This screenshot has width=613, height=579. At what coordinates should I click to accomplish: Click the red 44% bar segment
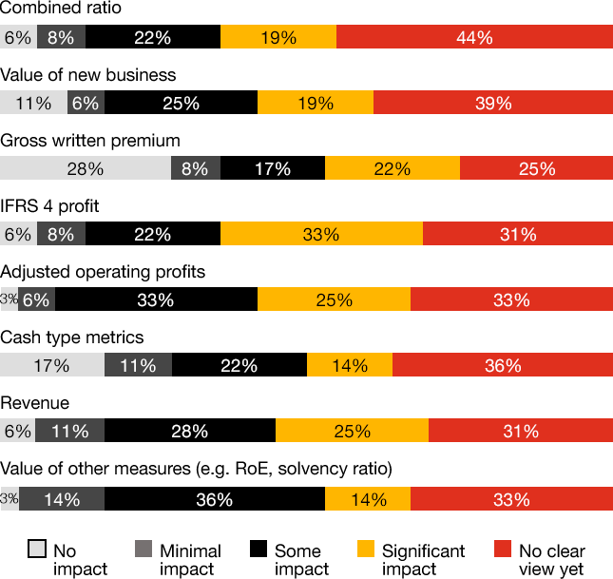pyautogui.click(x=474, y=38)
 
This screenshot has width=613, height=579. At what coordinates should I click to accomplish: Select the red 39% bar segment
pyautogui.click(x=493, y=104)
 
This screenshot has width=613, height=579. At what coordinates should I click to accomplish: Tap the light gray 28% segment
pyautogui.click(x=86, y=169)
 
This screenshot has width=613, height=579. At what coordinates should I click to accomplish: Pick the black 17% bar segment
pyautogui.click(x=273, y=169)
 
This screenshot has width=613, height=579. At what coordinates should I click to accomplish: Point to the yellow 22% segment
pyautogui.click(x=393, y=169)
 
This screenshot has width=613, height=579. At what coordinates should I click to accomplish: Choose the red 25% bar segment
pyautogui.click(x=536, y=169)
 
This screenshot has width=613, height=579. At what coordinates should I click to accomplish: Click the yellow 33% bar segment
pyautogui.click(x=321, y=235)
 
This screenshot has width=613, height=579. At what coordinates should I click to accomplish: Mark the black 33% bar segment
pyautogui.click(x=156, y=300)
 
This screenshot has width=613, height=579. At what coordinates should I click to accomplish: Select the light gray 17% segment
pyautogui.click(x=51, y=366)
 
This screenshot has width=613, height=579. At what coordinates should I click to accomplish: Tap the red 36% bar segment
pyautogui.click(x=503, y=366)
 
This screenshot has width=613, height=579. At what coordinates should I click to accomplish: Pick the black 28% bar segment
pyautogui.click(x=190, y=432)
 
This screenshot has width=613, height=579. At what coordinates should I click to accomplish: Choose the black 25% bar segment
pyautogui.click(x=181, y=104)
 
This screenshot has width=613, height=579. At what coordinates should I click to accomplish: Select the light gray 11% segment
pyautogui.click(x=33, y=104)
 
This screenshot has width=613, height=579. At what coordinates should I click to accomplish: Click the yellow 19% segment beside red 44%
pyautogui.click(x=278, y=38)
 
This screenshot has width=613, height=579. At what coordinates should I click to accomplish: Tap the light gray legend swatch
pyautogui.click(x=37, y=549)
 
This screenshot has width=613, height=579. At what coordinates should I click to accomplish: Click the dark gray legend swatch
pyautogui.click(x=144, y=549)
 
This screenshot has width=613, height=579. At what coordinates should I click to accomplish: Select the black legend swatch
pyautogui.click(x=258, y=549)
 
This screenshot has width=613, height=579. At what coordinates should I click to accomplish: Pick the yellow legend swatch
pyautogui.click(x=365, y=549)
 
